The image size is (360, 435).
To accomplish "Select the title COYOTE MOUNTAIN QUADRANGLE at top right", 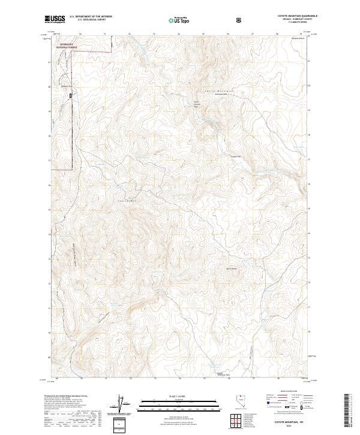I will click(286, 17).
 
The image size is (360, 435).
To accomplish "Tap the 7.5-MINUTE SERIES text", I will click(286, 23).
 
